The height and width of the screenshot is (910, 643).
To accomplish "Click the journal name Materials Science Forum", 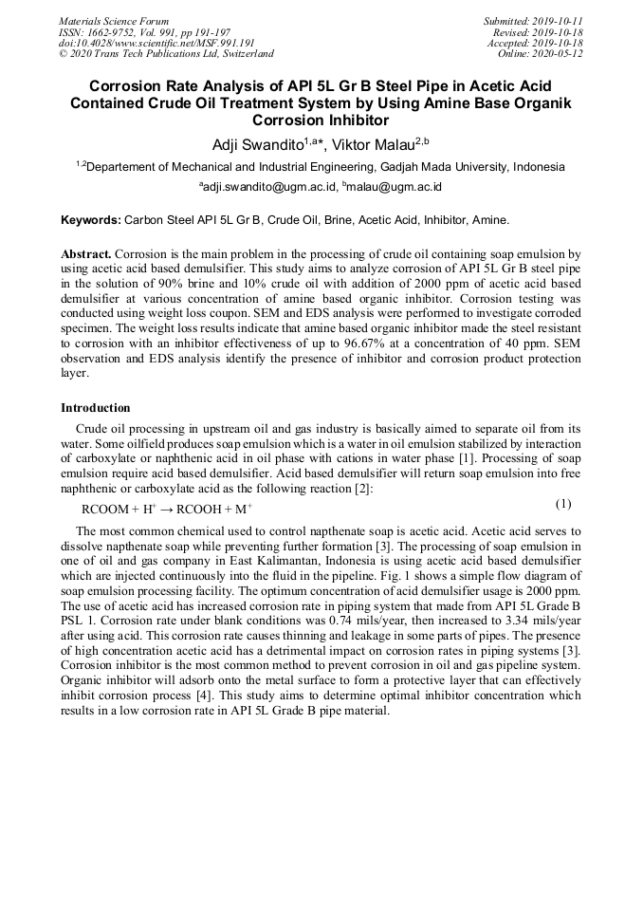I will [114, 21].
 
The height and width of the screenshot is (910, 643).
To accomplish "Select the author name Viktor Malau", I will [377, 144].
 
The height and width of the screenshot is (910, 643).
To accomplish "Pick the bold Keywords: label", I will [92, 219].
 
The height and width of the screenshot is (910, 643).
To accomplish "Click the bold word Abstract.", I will [86, 254].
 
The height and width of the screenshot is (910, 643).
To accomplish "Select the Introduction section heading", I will [96, 408].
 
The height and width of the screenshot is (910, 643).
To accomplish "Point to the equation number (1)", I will [562, 504].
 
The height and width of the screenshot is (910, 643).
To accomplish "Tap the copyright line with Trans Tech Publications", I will [166, 54].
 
